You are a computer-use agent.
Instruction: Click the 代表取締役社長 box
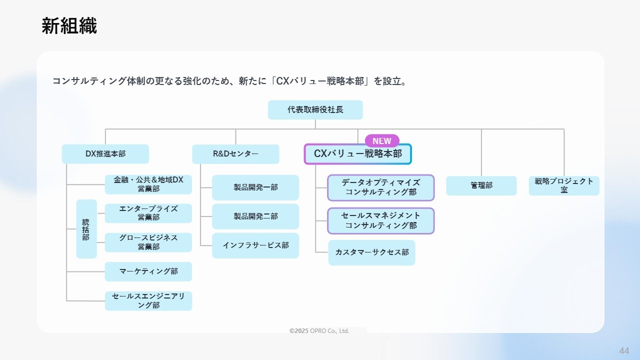pyautogui.click(x=315, y=109)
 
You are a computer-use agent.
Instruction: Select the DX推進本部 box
pyautogui.click(x=105, y=154)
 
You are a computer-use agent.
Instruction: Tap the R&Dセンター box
pyautogui.click(x=235, y=154)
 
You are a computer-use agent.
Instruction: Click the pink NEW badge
pyautogui.click(x=382, y=141)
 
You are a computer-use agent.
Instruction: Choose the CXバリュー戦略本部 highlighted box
pyautogui.click(x=357, y=154)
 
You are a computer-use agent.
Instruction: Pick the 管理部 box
pyautogui.click(x=481, y=185)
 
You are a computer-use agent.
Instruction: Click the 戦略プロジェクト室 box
pyautogui.click(x=564, y=185)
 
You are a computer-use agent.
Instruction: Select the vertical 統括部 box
pyautogui.click(x=86, y=229)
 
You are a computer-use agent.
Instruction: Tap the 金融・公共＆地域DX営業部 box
pyautogui.click(x=148, y=184)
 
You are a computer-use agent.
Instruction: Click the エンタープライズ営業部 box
pyautogui.click(x=148, y=213)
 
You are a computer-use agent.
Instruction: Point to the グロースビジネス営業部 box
pyautogui.click(x=148, y=242)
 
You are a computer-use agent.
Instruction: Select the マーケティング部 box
pyautogui.click(x=148, y=271)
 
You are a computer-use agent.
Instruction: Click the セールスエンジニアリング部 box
pyautogui.click(x=148, y=301)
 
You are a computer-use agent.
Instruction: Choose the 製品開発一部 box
pyautogui.click(x=255, y=187)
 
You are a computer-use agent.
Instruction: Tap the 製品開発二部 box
pyautogui.click(x=255, y=216)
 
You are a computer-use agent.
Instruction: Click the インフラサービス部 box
pyautogui.click(x=255, y=245)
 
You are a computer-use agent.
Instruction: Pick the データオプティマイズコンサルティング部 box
pyautogui.click(x=381, y=187)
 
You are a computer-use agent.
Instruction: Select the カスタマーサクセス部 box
pyautogui.click(x=371, y=252)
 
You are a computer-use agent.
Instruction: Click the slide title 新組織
pyautogui.click(x=69, y=26)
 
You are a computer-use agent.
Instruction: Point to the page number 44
pyautogui.click(x=624, y=351)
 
